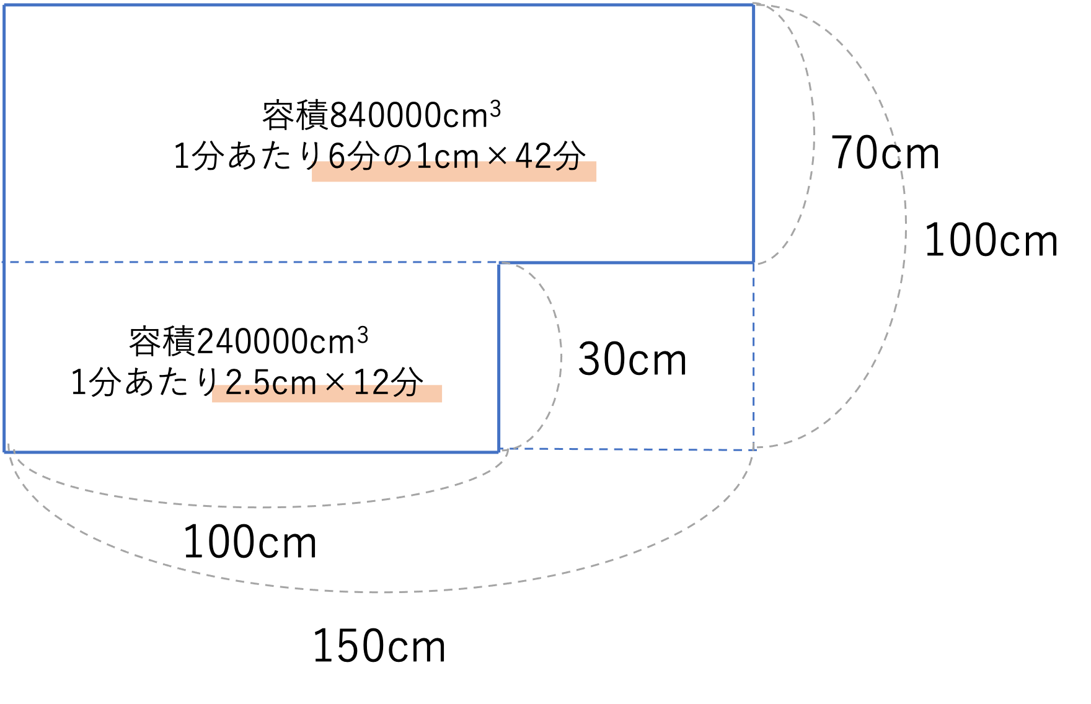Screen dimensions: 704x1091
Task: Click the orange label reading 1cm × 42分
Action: tap(454, 170)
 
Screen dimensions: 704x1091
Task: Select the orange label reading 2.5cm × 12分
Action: tap(327, 393)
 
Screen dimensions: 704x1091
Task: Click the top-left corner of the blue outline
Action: tap(4, 6)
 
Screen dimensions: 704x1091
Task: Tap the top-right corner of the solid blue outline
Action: tap(754, 6)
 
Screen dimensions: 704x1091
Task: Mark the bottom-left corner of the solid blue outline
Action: tap(5, 452)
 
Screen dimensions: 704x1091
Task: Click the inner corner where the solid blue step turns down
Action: tap(500, 263)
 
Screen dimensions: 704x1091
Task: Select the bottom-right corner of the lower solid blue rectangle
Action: tap(499, 452)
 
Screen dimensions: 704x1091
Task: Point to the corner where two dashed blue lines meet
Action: tap(754, 449)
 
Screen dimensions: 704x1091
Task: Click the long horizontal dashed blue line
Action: tap(248, 263)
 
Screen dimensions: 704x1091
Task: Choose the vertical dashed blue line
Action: tap(754, 356)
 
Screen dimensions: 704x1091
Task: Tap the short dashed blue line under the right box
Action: tap(626, 449)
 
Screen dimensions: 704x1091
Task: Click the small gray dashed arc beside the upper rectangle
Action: tap(813, 133)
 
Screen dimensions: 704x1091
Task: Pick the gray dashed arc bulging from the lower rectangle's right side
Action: tap(561, 356)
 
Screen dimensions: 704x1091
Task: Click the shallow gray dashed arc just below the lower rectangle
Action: tap(260, 508)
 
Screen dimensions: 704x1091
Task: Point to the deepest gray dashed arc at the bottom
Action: tap(384, 592)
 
